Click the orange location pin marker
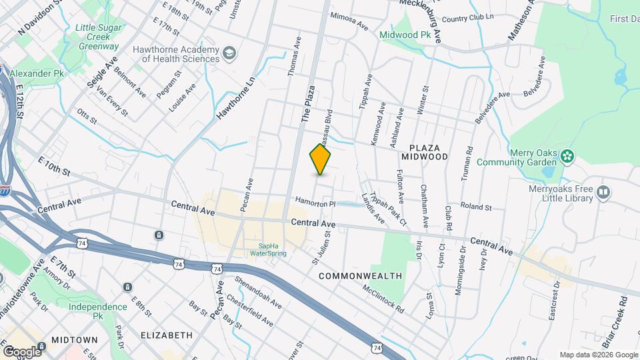click(320, 159)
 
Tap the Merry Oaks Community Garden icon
click(567, 157)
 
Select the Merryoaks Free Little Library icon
click(603, 193)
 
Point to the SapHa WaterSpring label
click(273, 249)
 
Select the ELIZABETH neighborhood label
click(167, 335)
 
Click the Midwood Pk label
click(405, 34)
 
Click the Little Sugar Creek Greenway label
click(97, 37)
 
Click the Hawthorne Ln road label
click(235, 98)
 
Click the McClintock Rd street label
click(383, 300)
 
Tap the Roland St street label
click(479, 207)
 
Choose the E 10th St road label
click(54, 167)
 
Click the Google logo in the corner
click(21, 351)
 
